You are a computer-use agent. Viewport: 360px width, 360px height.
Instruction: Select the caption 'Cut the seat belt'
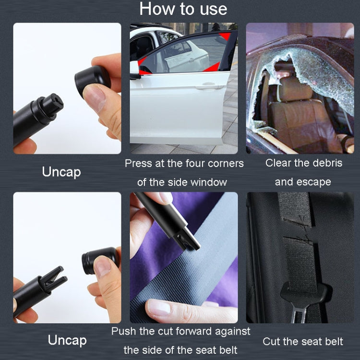click(x=302, y=341)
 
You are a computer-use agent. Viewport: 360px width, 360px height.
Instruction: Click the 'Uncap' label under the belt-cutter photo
click(x=67, y=340)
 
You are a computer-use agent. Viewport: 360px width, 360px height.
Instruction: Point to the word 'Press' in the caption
click(x=138, y=163)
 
